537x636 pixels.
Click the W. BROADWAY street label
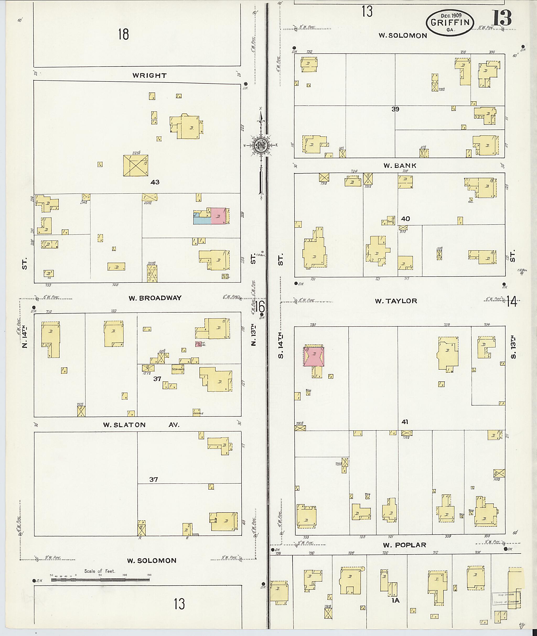155,298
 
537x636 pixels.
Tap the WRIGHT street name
149,76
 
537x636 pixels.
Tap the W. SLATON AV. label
141,425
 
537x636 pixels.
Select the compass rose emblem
261,145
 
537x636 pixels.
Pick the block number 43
155,182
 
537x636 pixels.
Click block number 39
395,109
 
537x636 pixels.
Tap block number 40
405,219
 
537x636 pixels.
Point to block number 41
405,422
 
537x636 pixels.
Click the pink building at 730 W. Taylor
314,356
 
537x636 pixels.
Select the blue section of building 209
202,220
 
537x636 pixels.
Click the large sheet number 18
123,34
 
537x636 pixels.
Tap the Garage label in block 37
198,413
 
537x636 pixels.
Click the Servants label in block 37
178,370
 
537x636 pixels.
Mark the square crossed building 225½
136,166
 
